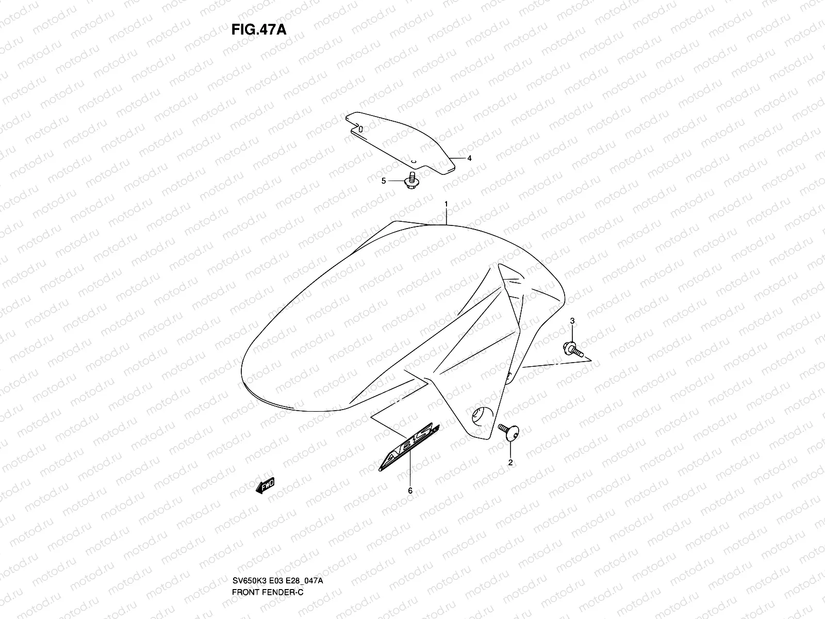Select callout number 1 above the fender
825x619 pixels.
[x=447, y=205]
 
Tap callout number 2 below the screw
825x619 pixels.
[x=510, y=463]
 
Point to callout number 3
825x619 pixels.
[x=572, y=321]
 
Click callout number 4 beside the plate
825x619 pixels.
[x=469, y=158]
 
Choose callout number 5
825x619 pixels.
[x=383, y=181]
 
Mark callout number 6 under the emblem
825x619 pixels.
[x=410, y=491]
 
